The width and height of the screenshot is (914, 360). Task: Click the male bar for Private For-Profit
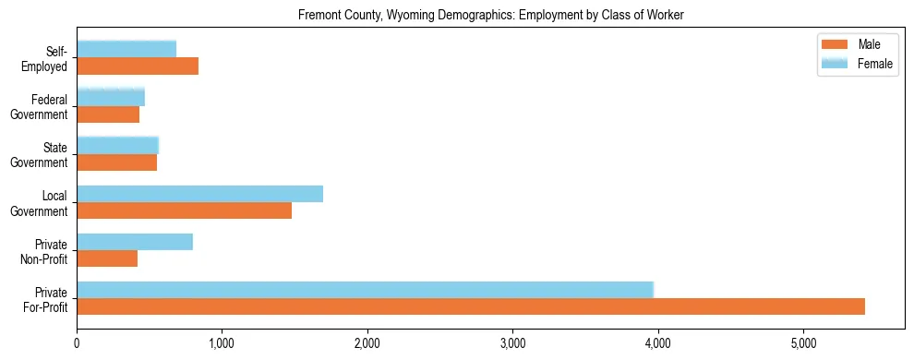pos(471,306)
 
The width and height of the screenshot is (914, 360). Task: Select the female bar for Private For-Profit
pos(365,290)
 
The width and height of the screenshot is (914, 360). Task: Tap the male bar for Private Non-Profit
pos(107,258)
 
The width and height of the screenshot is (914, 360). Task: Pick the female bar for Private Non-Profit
pos(135,242)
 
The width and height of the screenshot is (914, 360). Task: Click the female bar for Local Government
pos(199,194)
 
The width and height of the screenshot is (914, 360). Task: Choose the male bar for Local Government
pos(184,210)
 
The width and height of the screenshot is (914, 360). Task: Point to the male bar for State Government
pos(116,162)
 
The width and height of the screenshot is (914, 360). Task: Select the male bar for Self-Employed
pos(138,66)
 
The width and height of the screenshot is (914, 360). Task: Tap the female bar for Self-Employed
pos(126,49)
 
